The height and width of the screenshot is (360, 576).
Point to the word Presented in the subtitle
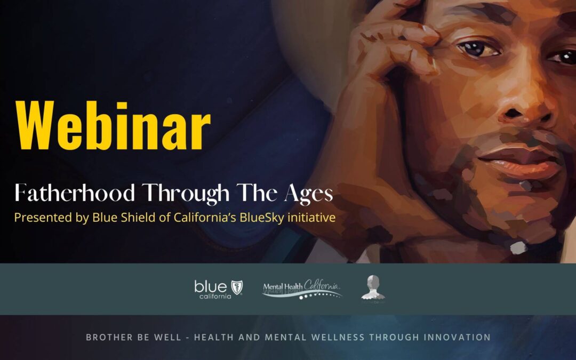click(x=37, y=218)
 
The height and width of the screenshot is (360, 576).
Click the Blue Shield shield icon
click(x=236, y=287)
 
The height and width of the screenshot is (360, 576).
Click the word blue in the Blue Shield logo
click(x=211, y=286)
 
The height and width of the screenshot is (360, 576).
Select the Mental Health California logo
click(x=302, y=290)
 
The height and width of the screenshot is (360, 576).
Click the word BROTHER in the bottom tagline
click(x=107, y=337)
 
